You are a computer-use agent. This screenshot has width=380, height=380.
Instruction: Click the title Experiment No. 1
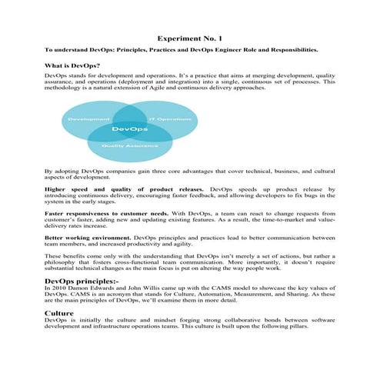pos(189,37)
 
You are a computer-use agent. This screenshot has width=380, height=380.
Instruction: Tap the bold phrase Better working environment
pos(88,238)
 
